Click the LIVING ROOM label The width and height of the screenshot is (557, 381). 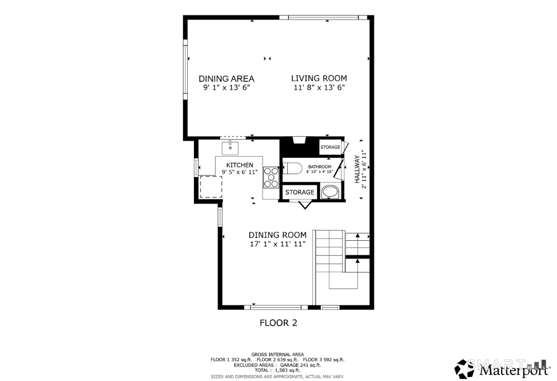point(319,78)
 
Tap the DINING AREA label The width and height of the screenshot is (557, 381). point(226,79)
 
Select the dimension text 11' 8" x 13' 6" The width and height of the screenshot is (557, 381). point(319,88)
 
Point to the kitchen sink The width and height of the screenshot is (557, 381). point(230,147)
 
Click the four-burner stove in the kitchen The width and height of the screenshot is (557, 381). point(271,177)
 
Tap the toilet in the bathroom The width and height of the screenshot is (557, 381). point(292,168)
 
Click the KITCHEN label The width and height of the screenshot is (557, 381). point(239,165)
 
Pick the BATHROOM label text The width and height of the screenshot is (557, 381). point(319,167)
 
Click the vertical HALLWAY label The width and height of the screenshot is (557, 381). point(357,170)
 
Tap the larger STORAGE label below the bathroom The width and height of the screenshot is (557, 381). point(300,192)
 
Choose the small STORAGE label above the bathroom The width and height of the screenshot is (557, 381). point(330,147)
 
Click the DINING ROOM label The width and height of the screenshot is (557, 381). point(277,235)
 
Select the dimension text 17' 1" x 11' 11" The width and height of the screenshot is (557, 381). point(277,244)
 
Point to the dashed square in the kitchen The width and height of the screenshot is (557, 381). point(211,187)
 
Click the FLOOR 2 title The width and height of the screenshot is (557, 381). point(278,323)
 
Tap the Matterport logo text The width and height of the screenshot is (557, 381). point(513,370)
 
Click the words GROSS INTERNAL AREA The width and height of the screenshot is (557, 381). point(277,354)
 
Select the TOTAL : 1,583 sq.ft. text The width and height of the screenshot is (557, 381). point(277,370)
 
